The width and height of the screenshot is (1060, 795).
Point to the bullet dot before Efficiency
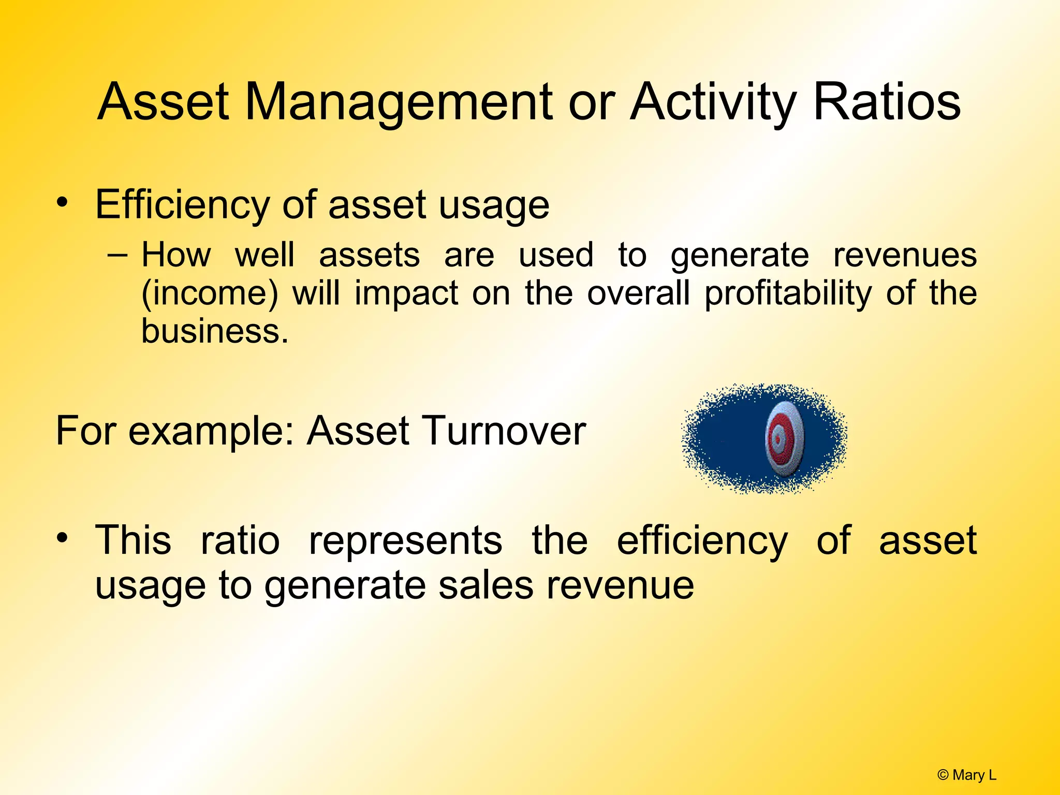coord(62,202)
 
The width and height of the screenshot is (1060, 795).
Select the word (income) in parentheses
coord(210,293)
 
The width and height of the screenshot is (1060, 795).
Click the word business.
coord(214,331)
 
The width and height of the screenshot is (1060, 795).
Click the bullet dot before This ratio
coord(62,538)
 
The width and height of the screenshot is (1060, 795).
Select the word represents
coord(405,541)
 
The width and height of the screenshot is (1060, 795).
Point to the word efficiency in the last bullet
coord(702,541)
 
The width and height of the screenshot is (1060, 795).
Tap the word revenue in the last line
coord(621,585)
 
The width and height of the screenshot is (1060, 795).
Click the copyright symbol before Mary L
coord(943,775)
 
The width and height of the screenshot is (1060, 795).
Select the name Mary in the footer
coord(968,775)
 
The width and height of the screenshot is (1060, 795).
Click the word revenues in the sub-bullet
coord(905,255)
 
